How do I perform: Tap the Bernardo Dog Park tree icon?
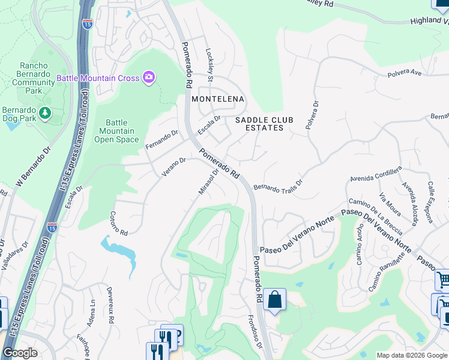pyautogui.click(x=44, y=113)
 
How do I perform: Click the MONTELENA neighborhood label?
pyautogui.click(x=217, y=98)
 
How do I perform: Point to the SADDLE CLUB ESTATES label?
pyautogui.click(x=264, y=124)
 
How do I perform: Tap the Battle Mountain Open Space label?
pyautogui.click(x=116, y=131)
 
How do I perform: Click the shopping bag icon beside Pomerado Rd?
pyautogui.click(x=274, y=301)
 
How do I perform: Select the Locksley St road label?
pyautogui.click(x=210, y=65)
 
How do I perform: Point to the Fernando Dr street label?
pyautogui.click(x=162, y=140)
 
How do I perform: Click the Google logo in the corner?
pyautogui.click(x=20, y=353)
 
